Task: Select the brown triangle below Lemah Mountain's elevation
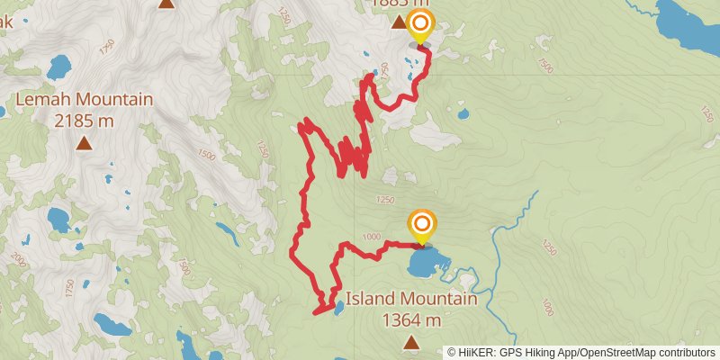[84, 142]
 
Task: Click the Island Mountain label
[410, 300]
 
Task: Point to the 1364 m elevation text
[411, 319]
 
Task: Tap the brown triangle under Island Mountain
[411, 342]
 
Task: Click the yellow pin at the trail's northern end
[420, 25]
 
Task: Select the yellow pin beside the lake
[421, 225]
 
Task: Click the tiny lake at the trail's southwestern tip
[337, 309]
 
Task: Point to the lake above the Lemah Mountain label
[58, 67]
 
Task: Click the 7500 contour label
[544, 65]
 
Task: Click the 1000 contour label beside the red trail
[369, 236]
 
